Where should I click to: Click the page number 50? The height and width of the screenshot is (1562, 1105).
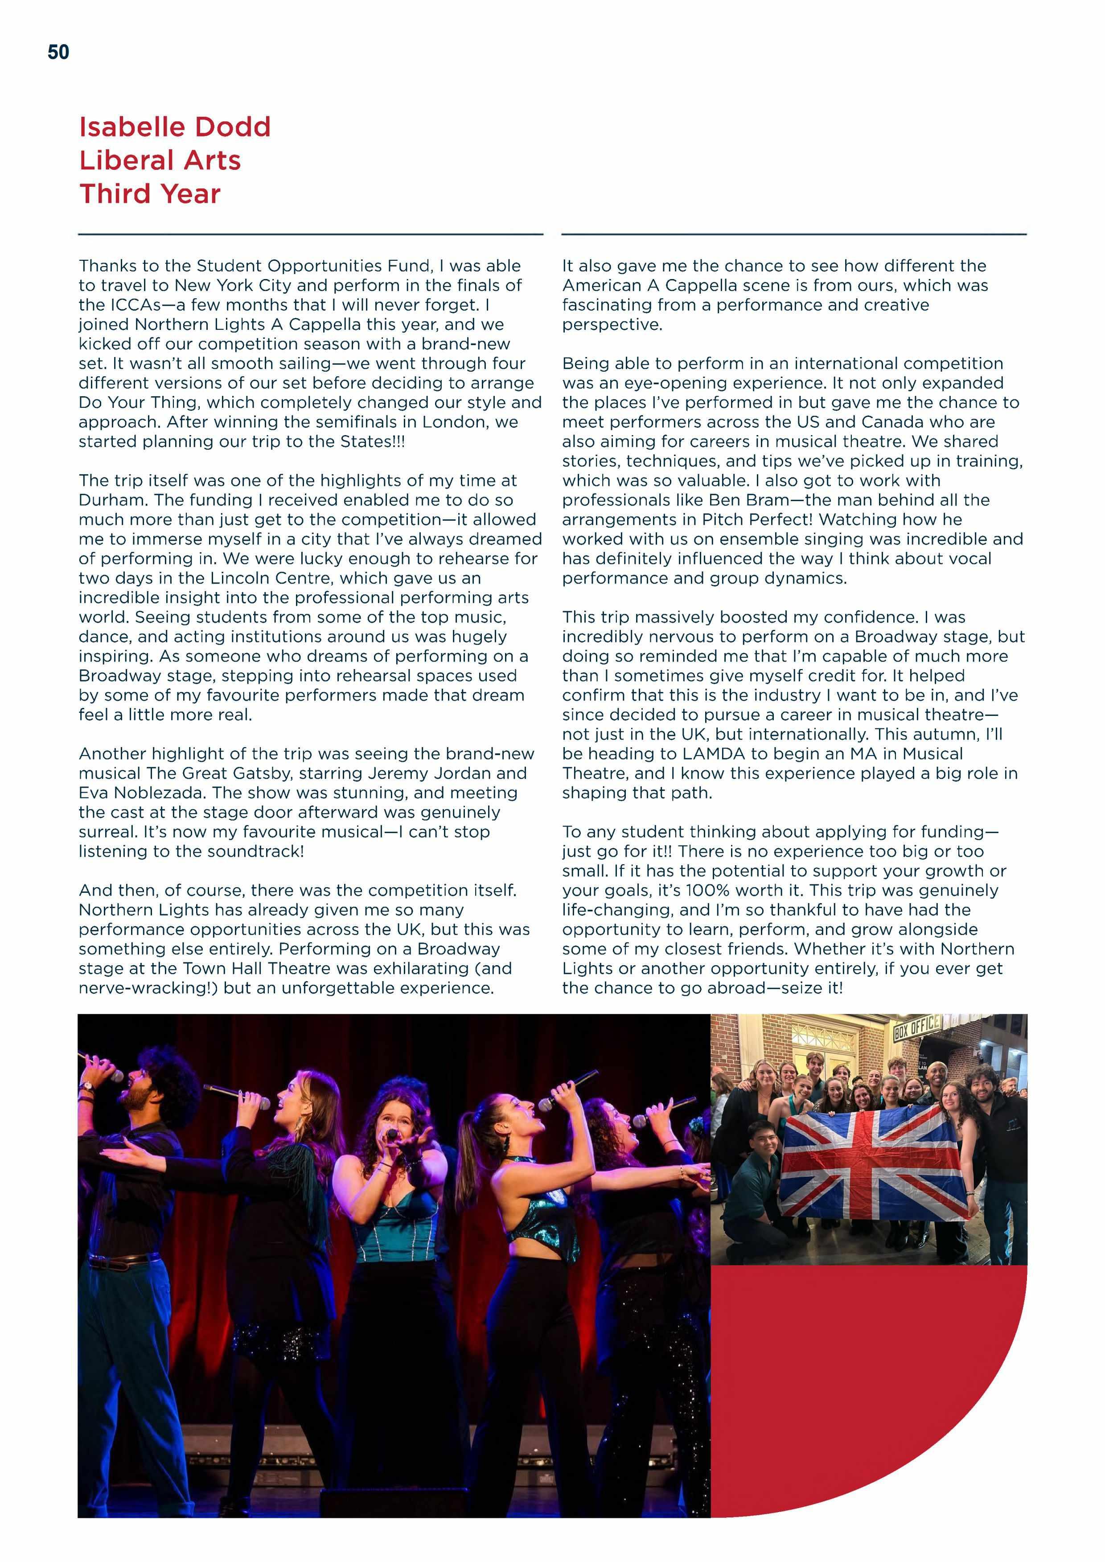[x=58, y=53]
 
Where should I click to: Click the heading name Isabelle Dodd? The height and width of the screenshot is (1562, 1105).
[x=175, y=127]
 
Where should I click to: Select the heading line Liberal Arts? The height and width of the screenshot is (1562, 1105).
[x=160, y=160]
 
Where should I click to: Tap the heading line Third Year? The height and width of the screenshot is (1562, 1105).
[x=150, y=194]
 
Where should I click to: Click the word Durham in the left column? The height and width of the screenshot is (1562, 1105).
[x=111, y=500]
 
